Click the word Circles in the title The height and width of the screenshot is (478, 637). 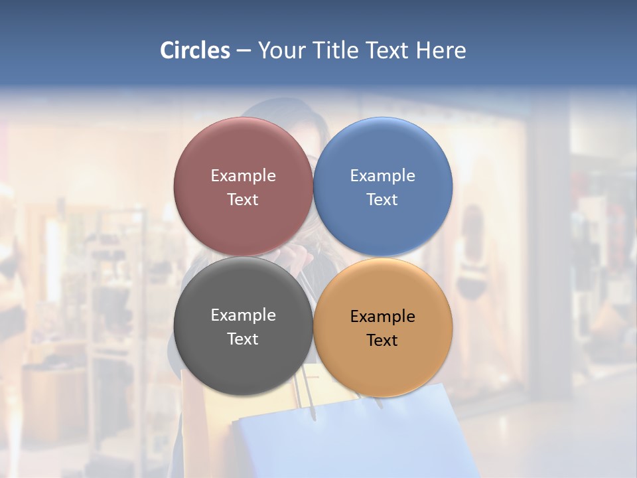point(194,50)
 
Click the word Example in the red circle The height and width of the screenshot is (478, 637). point(244,175)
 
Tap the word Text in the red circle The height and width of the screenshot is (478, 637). point(244,199)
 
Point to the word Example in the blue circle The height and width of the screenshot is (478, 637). point(383,175)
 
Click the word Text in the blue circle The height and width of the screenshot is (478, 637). point(383,199)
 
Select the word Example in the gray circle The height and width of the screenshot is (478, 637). point(244,315)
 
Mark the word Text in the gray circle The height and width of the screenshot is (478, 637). point(244,339)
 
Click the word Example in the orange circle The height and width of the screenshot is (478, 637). point(383,316)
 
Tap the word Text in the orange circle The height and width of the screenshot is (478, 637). point(383,340)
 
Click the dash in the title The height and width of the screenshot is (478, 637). point(244,50)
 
